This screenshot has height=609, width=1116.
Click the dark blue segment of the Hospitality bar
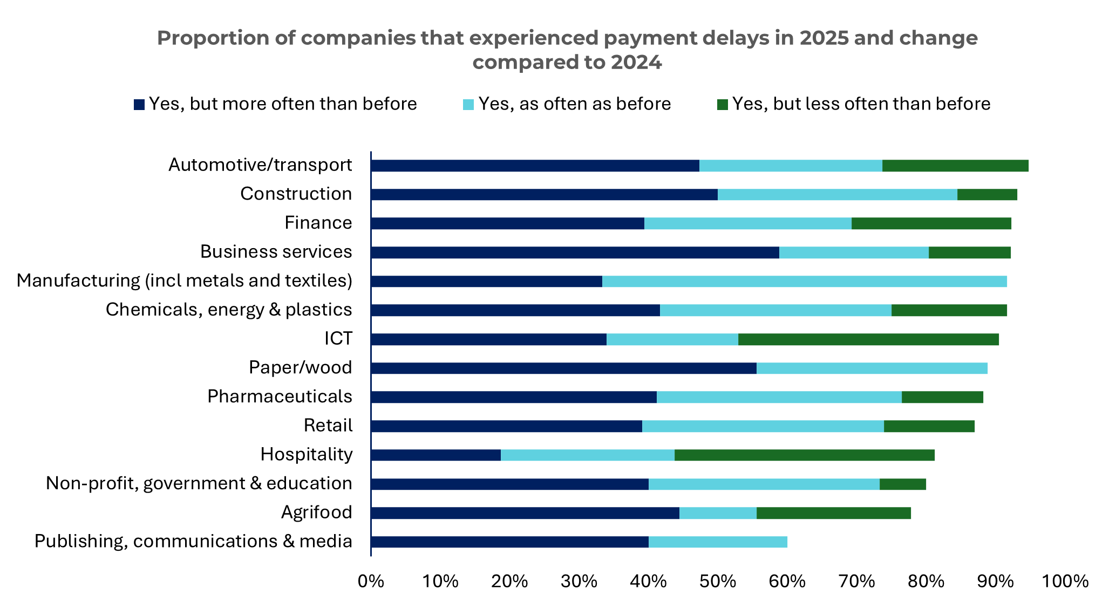[436, 455]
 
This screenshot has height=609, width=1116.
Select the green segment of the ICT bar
[868, 339]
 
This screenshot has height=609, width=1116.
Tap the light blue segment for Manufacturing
[804, 281]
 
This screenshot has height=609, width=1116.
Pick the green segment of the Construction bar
[987, 194]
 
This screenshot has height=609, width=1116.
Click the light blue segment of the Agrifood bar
[718, 513]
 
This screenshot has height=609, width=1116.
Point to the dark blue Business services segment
[575, 252]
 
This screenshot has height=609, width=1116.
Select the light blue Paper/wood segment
[872, 368]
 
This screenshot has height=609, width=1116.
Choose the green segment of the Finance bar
[931, 223]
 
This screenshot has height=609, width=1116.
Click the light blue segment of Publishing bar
[718, 542]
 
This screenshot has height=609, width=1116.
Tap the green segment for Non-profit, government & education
[902, 484]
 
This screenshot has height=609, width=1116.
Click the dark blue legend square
[139, 105]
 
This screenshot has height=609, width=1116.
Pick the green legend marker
[723, 105]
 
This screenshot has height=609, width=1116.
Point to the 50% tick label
[718, 581]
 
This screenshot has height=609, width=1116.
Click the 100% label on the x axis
[1064, 581]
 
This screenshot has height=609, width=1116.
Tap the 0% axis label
[371, 581]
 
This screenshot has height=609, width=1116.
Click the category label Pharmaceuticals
[280, 396]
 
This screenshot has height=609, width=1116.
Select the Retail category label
[328, 426]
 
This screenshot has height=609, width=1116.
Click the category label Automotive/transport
[260, 165]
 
